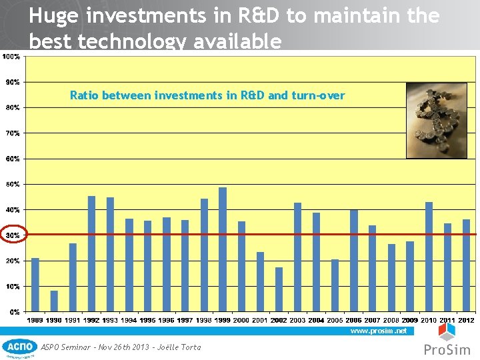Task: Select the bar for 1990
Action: point(54,301)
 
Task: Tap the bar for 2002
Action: point(279,289)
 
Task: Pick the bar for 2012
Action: point(467,265)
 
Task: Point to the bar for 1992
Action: point(91,253)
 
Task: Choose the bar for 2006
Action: point(354,261)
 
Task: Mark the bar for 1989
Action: point(35,285)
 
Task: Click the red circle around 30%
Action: point(14,235)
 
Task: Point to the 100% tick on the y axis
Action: point(11,57)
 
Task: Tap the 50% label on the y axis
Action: point(12,184)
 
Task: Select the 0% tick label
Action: point(13,311)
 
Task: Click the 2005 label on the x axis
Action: point(335,321)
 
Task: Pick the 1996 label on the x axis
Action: point(166,321)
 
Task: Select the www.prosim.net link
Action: point(378,331)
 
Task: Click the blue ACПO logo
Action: point(20,347)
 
